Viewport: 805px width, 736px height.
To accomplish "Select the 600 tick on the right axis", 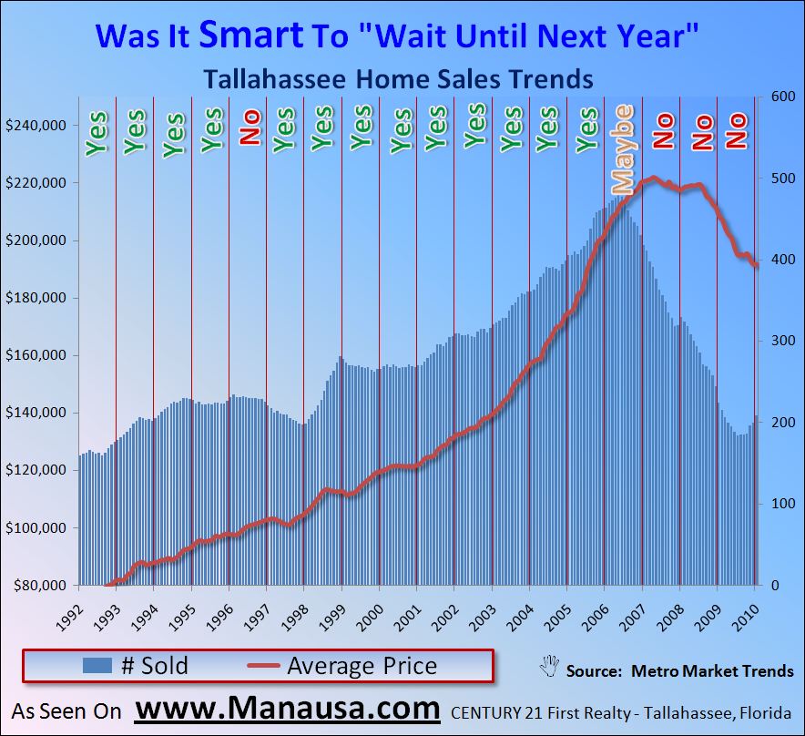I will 776,97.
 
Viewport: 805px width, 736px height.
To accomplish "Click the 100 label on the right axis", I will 776,504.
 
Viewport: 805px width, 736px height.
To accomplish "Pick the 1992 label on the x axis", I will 76,604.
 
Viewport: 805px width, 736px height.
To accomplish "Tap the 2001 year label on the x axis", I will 415,604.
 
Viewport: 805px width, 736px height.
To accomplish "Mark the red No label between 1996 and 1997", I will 250,128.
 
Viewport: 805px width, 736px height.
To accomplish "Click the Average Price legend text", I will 362,666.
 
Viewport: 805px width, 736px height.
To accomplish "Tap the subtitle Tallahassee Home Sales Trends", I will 399,78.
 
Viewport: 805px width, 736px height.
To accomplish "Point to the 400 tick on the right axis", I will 776,260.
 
